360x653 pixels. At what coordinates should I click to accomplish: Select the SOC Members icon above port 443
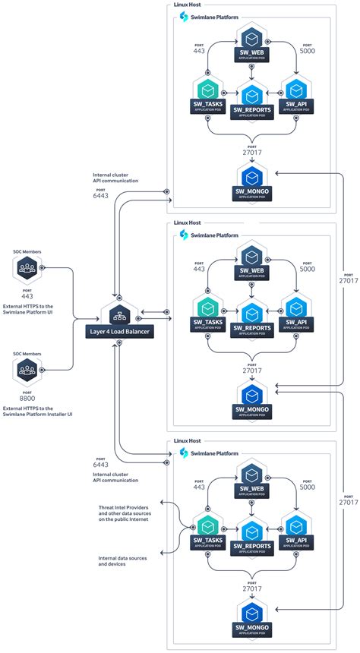point(27,268)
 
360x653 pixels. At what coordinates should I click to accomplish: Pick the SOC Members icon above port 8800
point(27,371)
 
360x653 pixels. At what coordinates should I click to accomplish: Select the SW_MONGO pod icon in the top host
point(250,175)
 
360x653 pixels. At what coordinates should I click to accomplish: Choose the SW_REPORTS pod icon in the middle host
point(250,310)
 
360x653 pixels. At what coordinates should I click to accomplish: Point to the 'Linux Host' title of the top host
point(188,5)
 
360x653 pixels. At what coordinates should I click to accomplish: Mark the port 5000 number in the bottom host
point(307,487)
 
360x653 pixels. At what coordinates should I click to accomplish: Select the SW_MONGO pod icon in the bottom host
point(250,613)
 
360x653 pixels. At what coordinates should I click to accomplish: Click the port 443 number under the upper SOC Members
point(27,295)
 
